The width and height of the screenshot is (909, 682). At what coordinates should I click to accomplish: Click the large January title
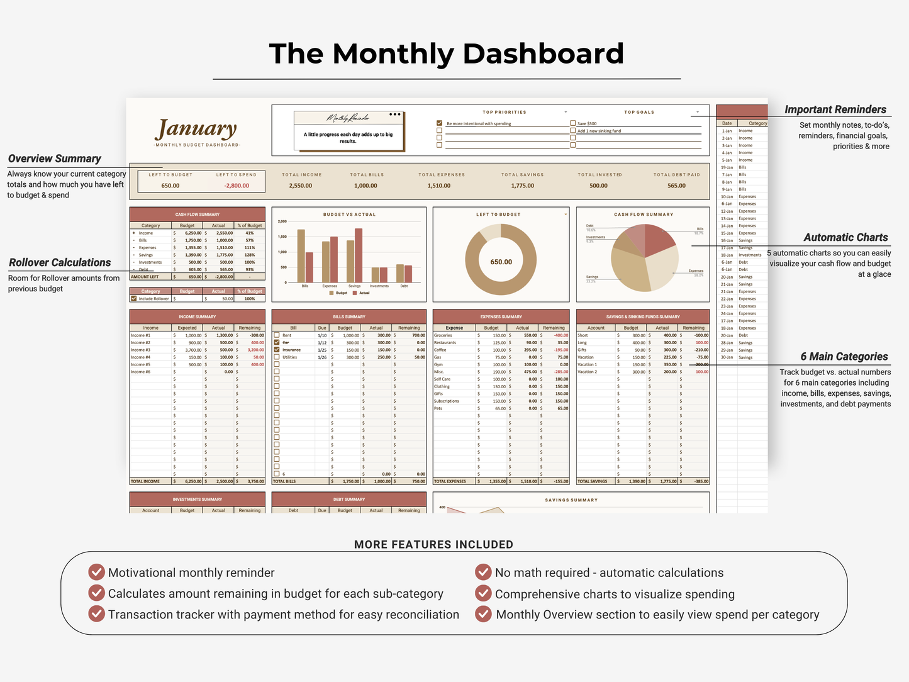tap(196, 129)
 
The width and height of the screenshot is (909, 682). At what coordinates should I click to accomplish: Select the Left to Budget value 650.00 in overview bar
tap(170, 186)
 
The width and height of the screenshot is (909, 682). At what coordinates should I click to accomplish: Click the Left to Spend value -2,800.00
tap(237, 186)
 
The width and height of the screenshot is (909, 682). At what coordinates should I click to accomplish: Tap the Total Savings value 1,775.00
tap(522, 186)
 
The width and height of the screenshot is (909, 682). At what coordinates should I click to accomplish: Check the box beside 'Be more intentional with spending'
tap(440, 123)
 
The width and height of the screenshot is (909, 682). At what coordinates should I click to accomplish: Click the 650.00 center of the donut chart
tap(501, 262)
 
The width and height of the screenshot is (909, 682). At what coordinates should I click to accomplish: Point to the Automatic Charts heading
tap(845, 237)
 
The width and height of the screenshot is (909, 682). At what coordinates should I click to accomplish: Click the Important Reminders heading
tap(835, 109)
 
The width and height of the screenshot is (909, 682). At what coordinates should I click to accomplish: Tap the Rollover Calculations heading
tap(60, 262)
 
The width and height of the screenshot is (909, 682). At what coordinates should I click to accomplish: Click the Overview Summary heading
tap(55, 159)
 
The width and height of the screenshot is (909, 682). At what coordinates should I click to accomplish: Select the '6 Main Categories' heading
tap(844, 357)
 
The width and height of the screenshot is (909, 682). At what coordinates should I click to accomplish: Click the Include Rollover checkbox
tap(133, 298)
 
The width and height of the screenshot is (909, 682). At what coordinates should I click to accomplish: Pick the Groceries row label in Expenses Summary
tap(443, 335)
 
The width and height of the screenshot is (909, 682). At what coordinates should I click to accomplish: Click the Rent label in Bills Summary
tap(287, 335)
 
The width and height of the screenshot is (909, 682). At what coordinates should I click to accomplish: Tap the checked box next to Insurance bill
tap(277, 350)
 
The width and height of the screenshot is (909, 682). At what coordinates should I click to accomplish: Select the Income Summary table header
tap(197, 316)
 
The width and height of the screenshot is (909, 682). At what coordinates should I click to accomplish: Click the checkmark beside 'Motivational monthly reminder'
tap(96, 572)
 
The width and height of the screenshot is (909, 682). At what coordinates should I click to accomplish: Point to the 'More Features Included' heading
tap(433, 544)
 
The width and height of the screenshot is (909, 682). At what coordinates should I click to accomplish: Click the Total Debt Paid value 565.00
tap(676, 186)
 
